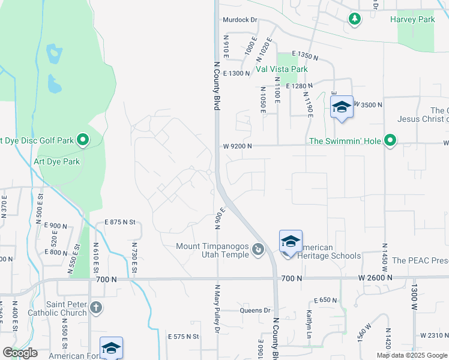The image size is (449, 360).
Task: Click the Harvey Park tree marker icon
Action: click(x=355, y=19)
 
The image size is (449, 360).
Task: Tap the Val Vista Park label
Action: click(x=282, y=69)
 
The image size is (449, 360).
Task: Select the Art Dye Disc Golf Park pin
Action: click(x=83, y=141)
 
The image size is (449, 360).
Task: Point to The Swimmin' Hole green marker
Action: click(x=390, y=141)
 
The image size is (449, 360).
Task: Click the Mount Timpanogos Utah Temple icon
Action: click(x=258, y=248)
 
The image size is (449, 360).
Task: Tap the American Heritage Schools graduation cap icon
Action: click(x=291, y=241)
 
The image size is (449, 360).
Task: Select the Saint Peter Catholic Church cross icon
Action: click(x=96, y=308)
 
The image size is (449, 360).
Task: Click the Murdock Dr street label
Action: click(x=240, y=20)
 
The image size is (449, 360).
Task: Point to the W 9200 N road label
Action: click(x=237, y=146)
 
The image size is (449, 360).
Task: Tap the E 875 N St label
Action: click(x=121, y=222)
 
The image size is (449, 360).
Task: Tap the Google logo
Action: click(x=20, y=353)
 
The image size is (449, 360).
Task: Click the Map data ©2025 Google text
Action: click(x=411, y=355)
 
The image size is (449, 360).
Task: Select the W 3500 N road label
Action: click(x=367, y=104)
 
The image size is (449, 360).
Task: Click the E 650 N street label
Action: click(x=326, y=300)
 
